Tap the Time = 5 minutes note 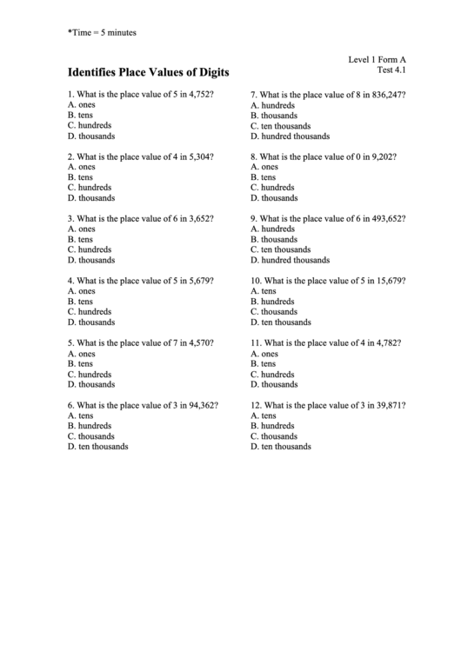pos(102,32)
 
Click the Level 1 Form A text pos(377,59)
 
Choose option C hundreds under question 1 pos(89,125)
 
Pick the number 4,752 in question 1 pos(200,94)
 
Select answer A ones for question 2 pos(81,167)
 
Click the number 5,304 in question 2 pos(200,156)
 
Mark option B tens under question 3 pos(80,239)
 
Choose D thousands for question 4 pos(90,322)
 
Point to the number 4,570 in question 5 pos(200,343)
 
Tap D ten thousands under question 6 pos(97,447)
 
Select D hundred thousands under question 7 pos(290,136)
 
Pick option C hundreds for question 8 pos(272,187)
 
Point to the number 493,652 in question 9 pos(386,218)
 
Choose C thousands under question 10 pos(274,312)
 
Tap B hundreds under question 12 pos(272,426)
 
